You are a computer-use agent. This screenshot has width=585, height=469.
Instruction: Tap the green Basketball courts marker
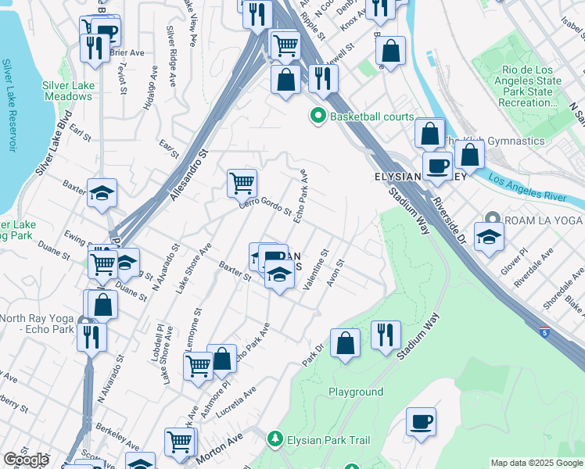318,116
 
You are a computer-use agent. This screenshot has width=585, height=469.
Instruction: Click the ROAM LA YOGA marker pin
491,219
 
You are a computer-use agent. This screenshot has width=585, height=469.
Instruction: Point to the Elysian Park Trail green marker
274,440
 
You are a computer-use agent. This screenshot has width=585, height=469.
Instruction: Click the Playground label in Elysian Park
356,392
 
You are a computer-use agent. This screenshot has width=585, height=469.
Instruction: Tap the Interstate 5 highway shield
553,333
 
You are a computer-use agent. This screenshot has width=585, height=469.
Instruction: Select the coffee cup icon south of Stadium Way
422,422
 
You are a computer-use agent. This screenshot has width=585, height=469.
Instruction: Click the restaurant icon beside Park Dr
386,336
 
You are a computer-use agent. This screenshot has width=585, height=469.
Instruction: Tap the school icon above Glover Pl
489,236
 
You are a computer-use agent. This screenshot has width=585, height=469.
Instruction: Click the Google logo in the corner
26,460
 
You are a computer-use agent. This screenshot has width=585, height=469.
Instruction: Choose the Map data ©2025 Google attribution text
537,463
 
